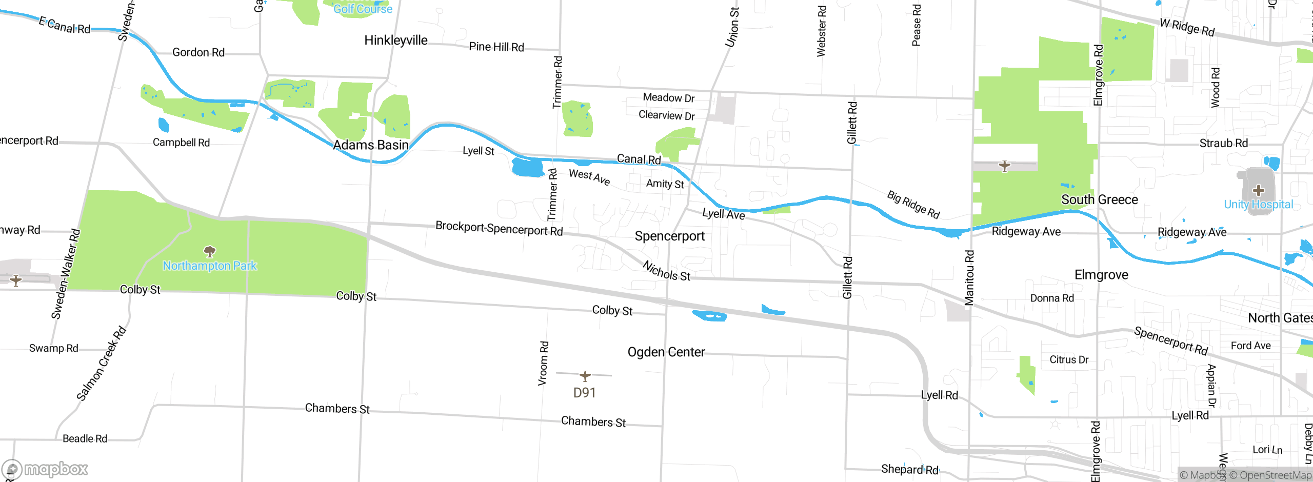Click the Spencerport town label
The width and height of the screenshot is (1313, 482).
[669, 236]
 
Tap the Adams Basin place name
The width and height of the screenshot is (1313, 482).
[370, 145]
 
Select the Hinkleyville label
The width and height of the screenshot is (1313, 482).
[395, 41]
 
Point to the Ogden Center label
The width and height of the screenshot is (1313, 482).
[666, 352]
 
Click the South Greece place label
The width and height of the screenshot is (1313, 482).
[1099, 200]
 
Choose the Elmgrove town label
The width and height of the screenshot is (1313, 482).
[1101, 275]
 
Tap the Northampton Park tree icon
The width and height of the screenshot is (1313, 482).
[210, 251]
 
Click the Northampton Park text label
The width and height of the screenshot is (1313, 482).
[210, 266]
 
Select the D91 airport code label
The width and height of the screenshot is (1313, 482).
[584, 393]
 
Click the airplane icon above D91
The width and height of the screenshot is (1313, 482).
[585, 376]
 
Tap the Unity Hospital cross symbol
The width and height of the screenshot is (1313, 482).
[1258, 191]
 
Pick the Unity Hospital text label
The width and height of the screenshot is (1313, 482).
[1258, 205]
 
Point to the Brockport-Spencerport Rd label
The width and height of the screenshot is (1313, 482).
[499, 228]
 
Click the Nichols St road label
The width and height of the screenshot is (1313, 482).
[666, 272]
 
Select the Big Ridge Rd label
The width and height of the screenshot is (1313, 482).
[913, 205]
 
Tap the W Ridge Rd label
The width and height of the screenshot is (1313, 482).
[1187, 27]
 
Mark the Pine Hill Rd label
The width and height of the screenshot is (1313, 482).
[496, 47]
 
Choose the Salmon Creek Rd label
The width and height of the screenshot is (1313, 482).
[101, 363]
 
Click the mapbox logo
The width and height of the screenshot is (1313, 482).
[45, 469]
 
